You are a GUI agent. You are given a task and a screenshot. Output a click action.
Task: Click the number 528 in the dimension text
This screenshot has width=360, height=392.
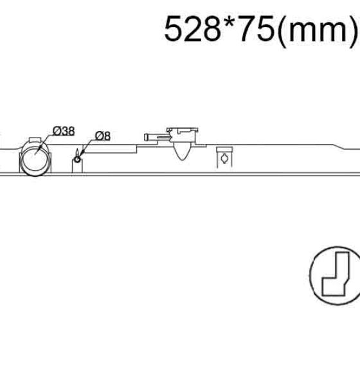coord(192,28)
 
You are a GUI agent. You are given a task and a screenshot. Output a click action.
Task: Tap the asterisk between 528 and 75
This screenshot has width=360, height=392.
coord(230,22)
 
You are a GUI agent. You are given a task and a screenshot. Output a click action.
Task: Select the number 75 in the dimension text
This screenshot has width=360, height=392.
coord(257,28)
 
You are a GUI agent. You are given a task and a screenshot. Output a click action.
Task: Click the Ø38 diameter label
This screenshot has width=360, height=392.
coord(64,131)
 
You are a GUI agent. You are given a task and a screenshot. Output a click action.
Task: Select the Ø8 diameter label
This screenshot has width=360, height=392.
coord(103,136)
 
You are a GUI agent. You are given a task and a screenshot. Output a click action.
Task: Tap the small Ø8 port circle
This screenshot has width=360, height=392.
coord(77,159)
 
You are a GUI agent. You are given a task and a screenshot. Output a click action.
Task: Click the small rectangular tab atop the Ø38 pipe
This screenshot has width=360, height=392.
coord(35,139)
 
